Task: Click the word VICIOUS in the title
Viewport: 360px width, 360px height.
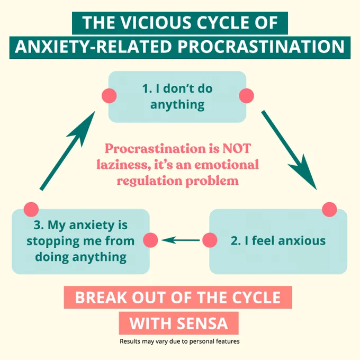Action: click(x=157, y=23)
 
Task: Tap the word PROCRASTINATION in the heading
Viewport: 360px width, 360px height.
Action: click(x=261, y=47)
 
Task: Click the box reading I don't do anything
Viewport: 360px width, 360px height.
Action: click(x=177, y=97)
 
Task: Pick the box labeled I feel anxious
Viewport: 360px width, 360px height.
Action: click(x=278, y=241)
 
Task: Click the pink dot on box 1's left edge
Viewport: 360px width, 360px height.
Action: click(x=109, y=96)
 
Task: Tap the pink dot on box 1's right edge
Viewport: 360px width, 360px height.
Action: click(x=246, y=96)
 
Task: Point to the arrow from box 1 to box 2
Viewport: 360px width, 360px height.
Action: click(x=289, y=150)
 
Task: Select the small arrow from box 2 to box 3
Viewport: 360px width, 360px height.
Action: click(x=181, y=240)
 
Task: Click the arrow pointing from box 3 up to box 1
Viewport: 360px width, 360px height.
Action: click(x=68, y=151)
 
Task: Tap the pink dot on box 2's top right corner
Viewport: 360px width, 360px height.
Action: click(x=329, y=210)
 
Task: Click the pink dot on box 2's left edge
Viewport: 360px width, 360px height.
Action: click(x=210, y=240)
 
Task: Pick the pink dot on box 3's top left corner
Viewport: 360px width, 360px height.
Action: click(x=31, y=210)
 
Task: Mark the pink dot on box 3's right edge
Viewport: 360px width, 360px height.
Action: click(x=150, y=240)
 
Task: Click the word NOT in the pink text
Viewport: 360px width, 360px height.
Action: click(x=237, y=149)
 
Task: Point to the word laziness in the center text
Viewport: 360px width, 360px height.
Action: click(x=124, y=165)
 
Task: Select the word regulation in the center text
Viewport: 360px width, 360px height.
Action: click(x=149, y=181)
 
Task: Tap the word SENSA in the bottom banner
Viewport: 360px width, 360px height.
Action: click(x=202, y=323)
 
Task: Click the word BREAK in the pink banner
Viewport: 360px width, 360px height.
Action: click(x=101, y=298)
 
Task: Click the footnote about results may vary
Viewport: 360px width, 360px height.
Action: click(x=179, y=341)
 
